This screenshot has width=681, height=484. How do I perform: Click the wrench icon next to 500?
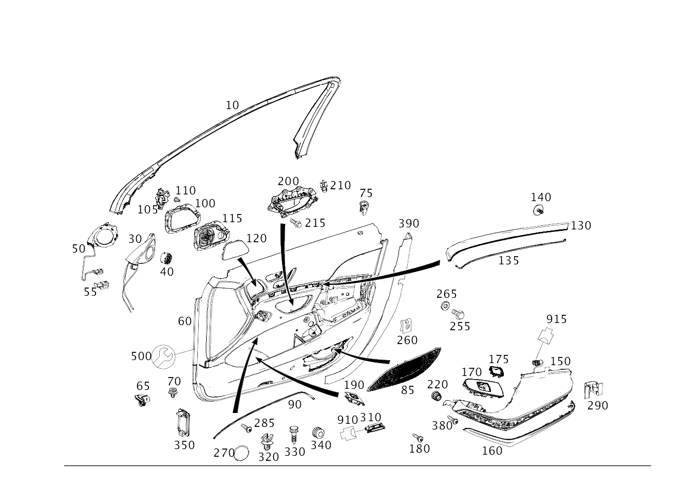click(x=163, y=356)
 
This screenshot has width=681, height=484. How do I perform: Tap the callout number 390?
click(x=409, y=224)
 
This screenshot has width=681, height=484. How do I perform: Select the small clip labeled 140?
click(x=538, y=210)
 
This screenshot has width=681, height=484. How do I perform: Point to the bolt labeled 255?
click(x=458, y=313)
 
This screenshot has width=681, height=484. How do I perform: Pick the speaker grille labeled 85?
click(x=404, y=369)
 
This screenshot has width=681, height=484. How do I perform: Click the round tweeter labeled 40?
click(x=166, y=258)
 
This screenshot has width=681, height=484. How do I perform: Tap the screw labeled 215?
click(x=296, y=223)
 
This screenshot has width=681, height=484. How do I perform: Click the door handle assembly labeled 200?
click(x=292, y=202)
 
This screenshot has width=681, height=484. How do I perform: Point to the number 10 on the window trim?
click(x=232, y=105)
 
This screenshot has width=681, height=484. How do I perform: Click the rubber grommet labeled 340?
click(x=318, y=433)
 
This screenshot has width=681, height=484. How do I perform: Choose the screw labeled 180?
click(x=418, y=438)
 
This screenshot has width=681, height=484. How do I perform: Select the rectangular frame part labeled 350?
click(x=184, y=422)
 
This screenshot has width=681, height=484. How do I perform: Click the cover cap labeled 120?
click(x=236, y=249)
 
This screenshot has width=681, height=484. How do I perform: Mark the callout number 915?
click(x=556, y=319)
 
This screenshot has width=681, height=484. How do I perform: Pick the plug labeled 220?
click(x=437, y=396)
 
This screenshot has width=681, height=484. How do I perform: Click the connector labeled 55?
click(x=102, y=285)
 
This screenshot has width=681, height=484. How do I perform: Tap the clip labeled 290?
click(x=593, y=390)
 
